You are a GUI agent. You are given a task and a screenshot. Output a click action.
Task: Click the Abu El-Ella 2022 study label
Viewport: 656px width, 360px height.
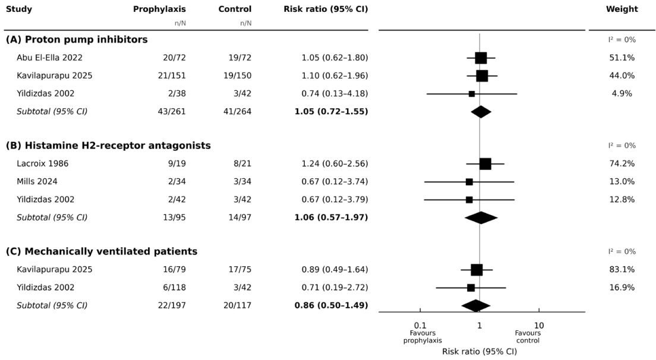(49, 58)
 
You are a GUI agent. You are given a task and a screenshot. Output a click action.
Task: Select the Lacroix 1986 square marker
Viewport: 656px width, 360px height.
(485, 164)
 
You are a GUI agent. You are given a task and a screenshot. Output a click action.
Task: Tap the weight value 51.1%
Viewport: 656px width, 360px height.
(622, 58)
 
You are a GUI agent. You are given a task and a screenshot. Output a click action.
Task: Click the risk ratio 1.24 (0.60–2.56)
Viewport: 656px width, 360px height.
(335, 163)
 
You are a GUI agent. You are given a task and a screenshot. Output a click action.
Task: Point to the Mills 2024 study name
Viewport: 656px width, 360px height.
(37, 181)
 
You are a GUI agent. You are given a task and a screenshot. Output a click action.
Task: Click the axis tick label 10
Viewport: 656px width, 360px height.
(539, 326)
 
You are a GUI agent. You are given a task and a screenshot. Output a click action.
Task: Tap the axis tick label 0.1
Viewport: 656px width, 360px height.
(420, 326)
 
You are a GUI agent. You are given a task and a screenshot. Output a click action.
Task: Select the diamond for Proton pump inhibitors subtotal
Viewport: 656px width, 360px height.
(481, 112)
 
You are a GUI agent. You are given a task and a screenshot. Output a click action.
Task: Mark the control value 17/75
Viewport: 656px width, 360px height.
(239, 269)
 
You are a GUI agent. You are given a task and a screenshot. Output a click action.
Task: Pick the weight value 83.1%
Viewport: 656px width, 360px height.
(622, 269)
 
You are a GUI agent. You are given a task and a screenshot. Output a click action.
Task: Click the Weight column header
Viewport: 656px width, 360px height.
(622, 9)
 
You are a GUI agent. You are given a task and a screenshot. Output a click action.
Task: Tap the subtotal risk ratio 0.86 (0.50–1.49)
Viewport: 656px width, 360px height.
(332, 305)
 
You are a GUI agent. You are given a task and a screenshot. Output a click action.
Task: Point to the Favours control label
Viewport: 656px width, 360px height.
(528, 337)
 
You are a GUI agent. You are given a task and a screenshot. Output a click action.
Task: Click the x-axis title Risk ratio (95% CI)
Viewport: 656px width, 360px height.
(480, 352)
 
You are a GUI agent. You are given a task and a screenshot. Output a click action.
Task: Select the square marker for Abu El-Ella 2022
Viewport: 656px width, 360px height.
(481, 58)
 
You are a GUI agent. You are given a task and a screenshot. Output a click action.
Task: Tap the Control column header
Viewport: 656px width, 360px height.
(235, 9)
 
